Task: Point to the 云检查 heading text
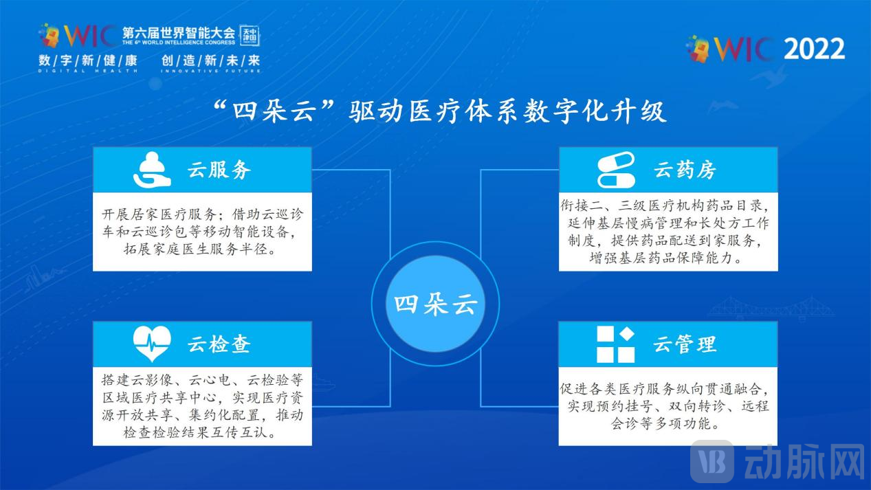point(219,344)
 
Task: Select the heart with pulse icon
point(152,344)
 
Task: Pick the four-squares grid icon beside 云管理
point(615,344)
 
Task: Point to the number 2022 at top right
point(814,49)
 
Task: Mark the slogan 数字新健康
point(88,60)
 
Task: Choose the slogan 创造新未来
point(211,60)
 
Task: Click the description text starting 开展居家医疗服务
point(202,232)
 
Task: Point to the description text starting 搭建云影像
point(202,407)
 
